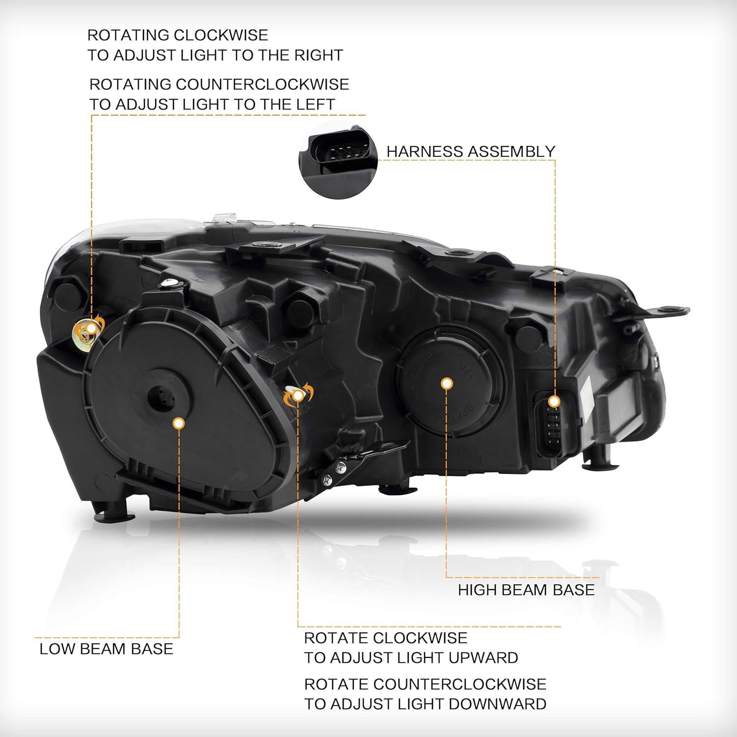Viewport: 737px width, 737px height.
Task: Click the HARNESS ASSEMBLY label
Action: (471, 151)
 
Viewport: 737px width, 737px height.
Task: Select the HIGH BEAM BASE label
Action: (526, 590)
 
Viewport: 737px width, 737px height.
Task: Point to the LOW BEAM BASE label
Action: (106, 649)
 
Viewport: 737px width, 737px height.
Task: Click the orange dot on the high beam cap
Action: (446, 383)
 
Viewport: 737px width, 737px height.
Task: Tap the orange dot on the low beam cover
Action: (179, 423)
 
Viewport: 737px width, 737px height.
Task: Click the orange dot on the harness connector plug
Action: (555, 401)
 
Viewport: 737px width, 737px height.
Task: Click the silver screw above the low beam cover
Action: (170, 283)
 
